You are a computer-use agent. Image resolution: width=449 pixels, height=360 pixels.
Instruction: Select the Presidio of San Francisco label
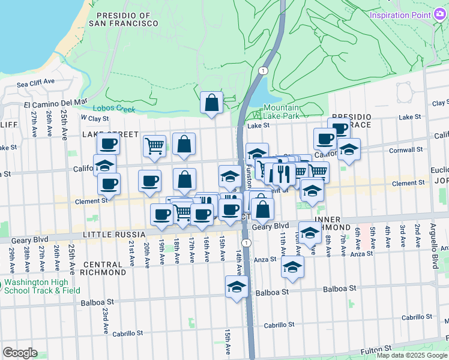click(124, 19)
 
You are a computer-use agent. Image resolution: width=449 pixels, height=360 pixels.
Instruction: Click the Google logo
click(20, 352)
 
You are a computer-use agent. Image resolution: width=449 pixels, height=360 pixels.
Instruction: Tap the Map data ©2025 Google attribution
click(412, 355)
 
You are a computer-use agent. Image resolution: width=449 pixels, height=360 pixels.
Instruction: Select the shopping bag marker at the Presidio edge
click(211, 103)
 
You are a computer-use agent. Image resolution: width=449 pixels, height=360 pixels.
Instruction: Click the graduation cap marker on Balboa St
click(237, 287)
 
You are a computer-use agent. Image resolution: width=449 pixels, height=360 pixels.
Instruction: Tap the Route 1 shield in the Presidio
click(262, 71)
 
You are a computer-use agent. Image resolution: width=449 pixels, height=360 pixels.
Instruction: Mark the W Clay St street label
click(95, 118)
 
